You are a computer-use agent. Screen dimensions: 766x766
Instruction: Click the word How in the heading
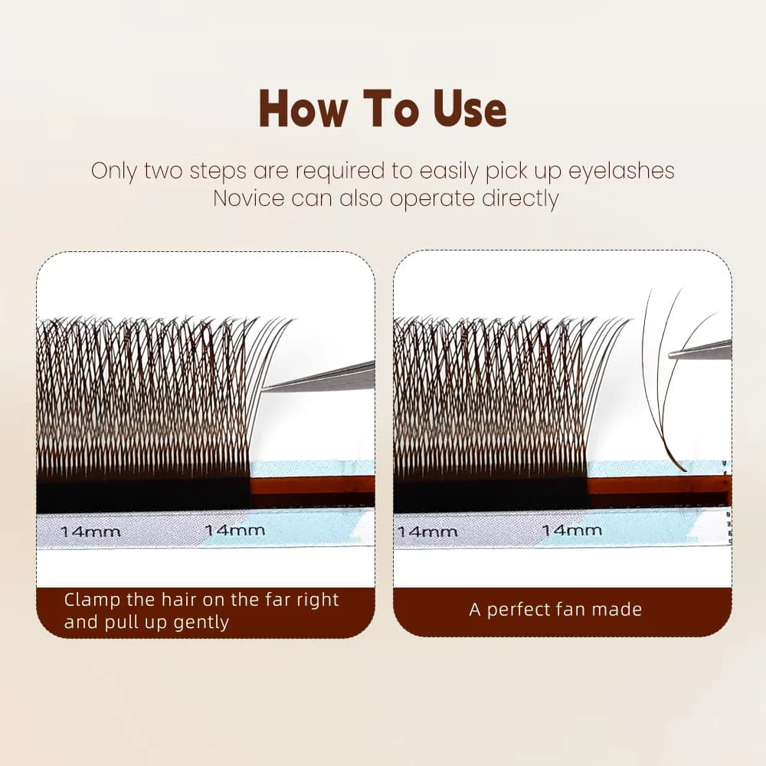click(x=303, y=109)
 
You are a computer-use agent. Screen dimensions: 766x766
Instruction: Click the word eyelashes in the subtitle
click(x=621, y=171)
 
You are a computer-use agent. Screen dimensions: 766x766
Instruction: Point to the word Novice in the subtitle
click(x=249, y=198)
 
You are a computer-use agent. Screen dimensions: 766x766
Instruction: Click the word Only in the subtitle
click(x=113, y=172)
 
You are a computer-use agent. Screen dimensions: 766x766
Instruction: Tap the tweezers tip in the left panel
click(x=264, y=388)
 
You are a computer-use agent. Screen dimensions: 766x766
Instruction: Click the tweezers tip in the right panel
click(x=671, y=356)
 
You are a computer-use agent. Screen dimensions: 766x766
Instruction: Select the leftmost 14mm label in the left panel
click(x=90, y=532)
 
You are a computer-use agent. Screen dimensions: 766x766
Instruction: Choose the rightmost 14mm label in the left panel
click(x=235, y=530)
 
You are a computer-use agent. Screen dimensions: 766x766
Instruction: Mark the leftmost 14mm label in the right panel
click(x=427, y=532)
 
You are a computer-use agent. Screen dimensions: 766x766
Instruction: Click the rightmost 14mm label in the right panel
click(x=572, y=530)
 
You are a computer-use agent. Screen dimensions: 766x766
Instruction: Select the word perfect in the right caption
click(x=519, y=611)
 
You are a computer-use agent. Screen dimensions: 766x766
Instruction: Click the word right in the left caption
click(x=318, y=601)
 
